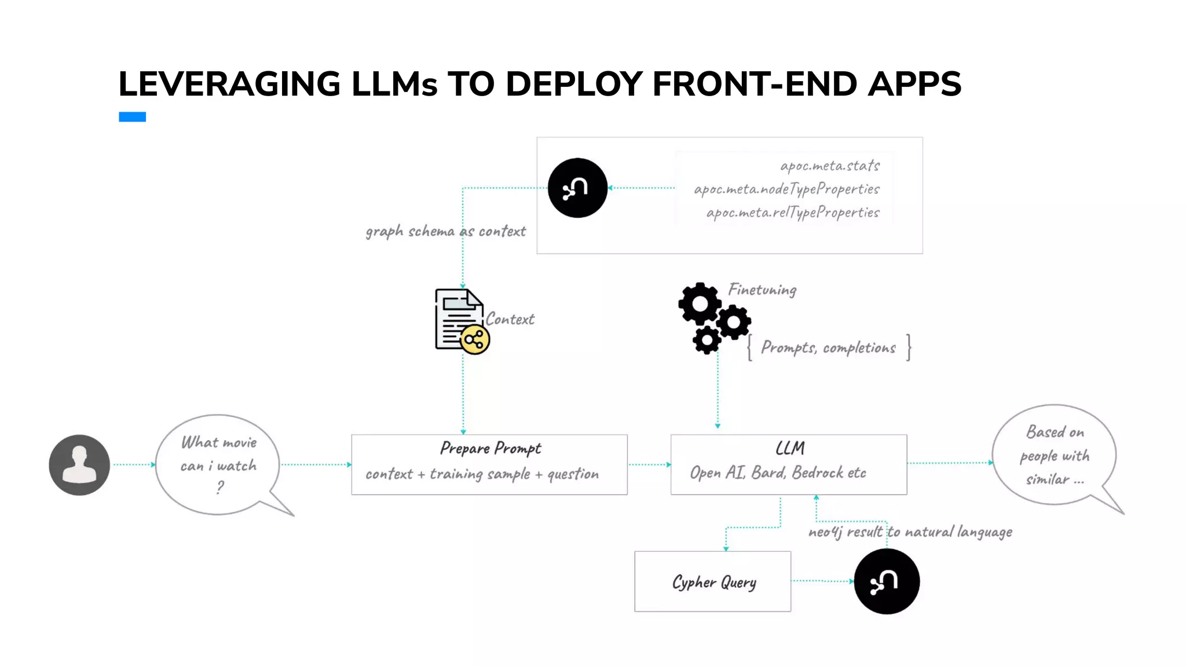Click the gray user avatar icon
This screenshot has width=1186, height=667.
(79, 465)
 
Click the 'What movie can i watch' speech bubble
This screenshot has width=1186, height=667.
(218, 464)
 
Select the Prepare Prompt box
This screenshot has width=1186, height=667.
(489, 464)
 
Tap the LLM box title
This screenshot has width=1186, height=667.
(790, 449)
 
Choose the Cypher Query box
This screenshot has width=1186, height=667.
(712, 581)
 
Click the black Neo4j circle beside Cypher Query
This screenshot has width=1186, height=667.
(887, 581)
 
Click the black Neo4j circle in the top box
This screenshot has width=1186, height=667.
(577, 188)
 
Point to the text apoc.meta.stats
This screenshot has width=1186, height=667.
(830, 166)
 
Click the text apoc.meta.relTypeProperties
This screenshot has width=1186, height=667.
(792, 212)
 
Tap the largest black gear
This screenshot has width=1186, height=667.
(700, 303)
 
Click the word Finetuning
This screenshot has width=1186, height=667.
(762, 289)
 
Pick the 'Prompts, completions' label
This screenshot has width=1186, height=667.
(828, 347)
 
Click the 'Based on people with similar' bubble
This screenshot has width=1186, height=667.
(1055, 455)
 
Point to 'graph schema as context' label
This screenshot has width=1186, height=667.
(445, 232)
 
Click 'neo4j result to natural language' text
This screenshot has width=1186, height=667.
(910, 532)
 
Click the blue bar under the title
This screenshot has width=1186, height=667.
(132, 117)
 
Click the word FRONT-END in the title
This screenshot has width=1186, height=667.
(754, 84)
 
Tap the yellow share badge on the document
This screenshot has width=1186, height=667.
(475, 340)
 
